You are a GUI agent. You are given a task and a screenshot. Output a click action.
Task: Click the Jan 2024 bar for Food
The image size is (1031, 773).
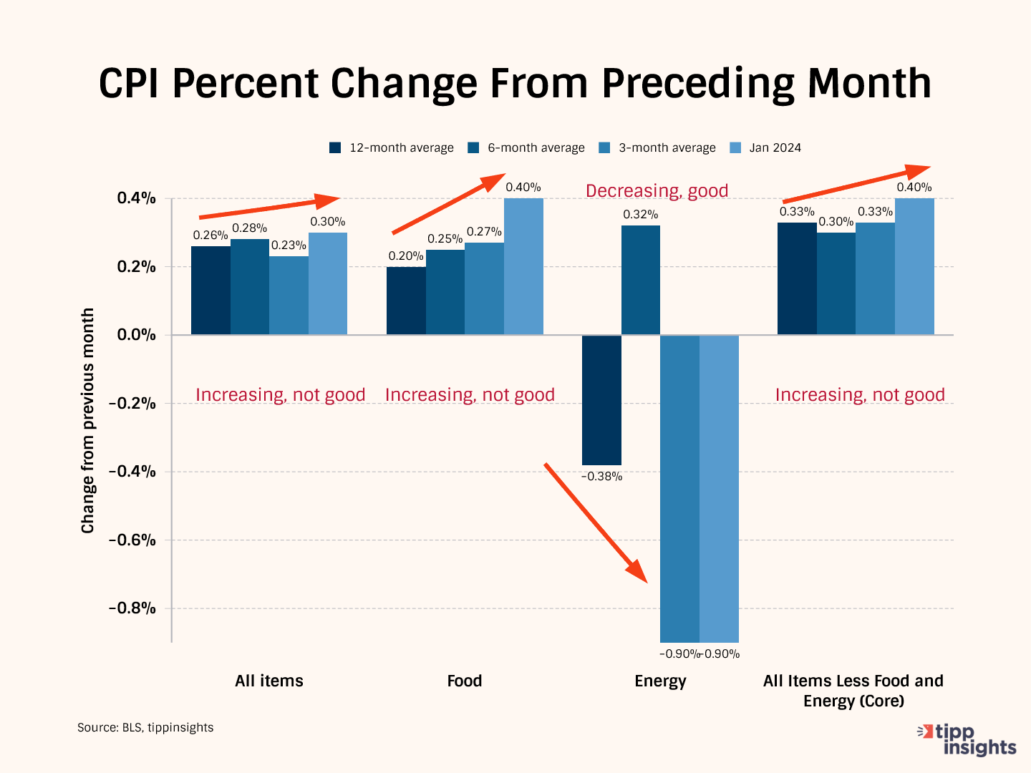click(523, 266)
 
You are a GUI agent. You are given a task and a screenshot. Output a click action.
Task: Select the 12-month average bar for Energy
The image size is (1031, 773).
click(601, 399)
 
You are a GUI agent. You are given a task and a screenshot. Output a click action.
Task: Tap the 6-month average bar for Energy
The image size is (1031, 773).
click(641, 280)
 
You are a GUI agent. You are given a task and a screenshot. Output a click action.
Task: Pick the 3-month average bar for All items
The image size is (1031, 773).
click(289, 295)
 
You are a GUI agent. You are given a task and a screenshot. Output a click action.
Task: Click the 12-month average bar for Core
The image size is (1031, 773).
click(797, 278)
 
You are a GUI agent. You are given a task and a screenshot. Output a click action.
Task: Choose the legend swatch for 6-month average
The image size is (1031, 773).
click(473, 148)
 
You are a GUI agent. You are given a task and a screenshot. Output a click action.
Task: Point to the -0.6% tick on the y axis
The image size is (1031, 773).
click(132, 540)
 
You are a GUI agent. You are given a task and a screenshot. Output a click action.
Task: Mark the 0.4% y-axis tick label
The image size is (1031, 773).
click(136, 198)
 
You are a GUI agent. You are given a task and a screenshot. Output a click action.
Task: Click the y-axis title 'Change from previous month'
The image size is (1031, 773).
click(88, 421)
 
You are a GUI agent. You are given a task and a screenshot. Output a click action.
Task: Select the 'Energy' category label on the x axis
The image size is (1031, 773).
click(660, 681)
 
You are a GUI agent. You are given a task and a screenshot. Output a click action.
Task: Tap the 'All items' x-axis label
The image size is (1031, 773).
click(269, 681)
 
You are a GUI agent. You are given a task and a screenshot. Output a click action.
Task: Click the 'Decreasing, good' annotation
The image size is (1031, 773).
click(657, 191)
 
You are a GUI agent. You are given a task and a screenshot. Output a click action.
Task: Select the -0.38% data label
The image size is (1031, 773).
click(601, 477)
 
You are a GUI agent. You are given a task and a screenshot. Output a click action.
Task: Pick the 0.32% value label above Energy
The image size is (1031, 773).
click(640, 214)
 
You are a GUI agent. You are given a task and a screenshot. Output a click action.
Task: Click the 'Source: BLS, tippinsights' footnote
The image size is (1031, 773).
click(145, 727)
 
